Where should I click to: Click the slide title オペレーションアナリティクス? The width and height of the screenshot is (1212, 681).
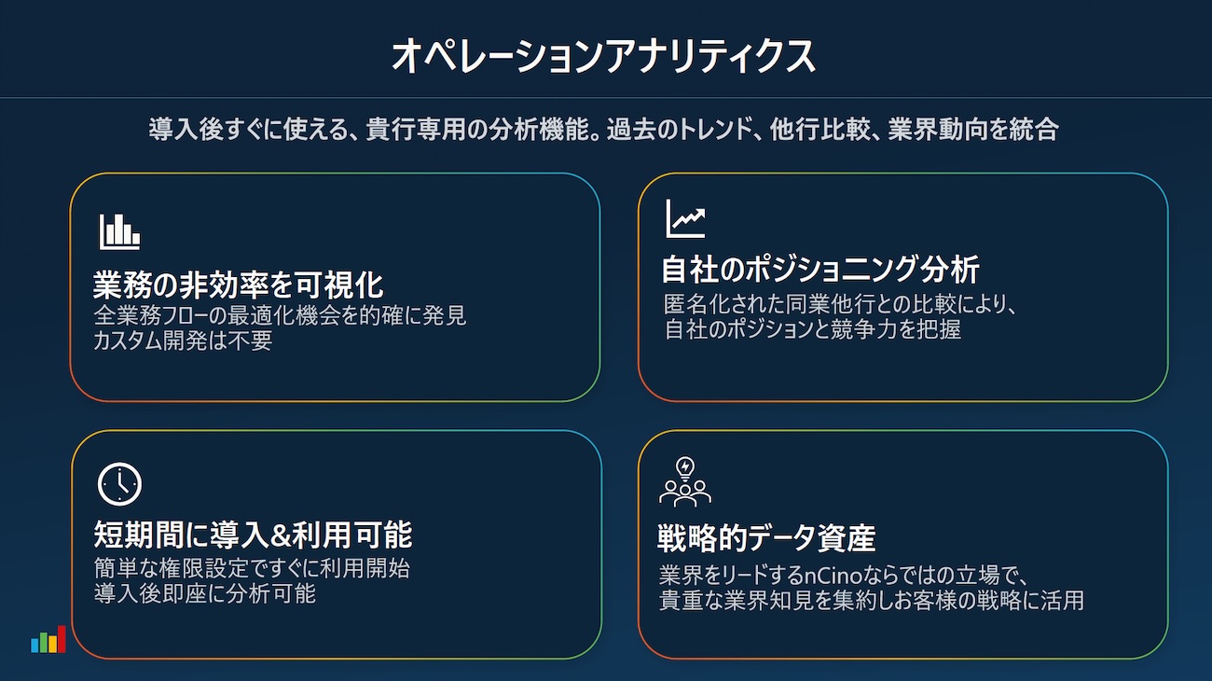603,56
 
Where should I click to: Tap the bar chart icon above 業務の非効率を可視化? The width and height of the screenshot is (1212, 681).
119,231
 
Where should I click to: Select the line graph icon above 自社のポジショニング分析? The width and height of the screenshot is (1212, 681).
685,218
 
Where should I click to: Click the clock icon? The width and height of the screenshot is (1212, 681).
119,484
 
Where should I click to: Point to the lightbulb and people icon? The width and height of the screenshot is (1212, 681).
685,481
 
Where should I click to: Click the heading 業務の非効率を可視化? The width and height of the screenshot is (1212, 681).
238,285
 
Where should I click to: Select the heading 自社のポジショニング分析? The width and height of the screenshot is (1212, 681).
820,269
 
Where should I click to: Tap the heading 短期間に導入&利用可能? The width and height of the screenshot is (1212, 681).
253,535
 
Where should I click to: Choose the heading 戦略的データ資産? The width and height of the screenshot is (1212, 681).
766,538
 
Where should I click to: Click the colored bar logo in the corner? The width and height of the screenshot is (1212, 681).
48,639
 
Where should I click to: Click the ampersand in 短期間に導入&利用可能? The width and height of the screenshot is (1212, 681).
281,535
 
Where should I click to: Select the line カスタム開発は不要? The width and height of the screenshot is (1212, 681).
183,340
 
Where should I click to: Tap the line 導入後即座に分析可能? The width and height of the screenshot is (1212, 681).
204,594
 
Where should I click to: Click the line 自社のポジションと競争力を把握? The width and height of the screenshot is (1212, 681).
813,329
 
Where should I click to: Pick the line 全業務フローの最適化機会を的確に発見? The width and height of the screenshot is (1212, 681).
280,315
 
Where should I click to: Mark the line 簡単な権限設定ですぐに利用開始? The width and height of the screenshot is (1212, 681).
252,568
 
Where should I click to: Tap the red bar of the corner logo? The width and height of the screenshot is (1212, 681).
62,639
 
